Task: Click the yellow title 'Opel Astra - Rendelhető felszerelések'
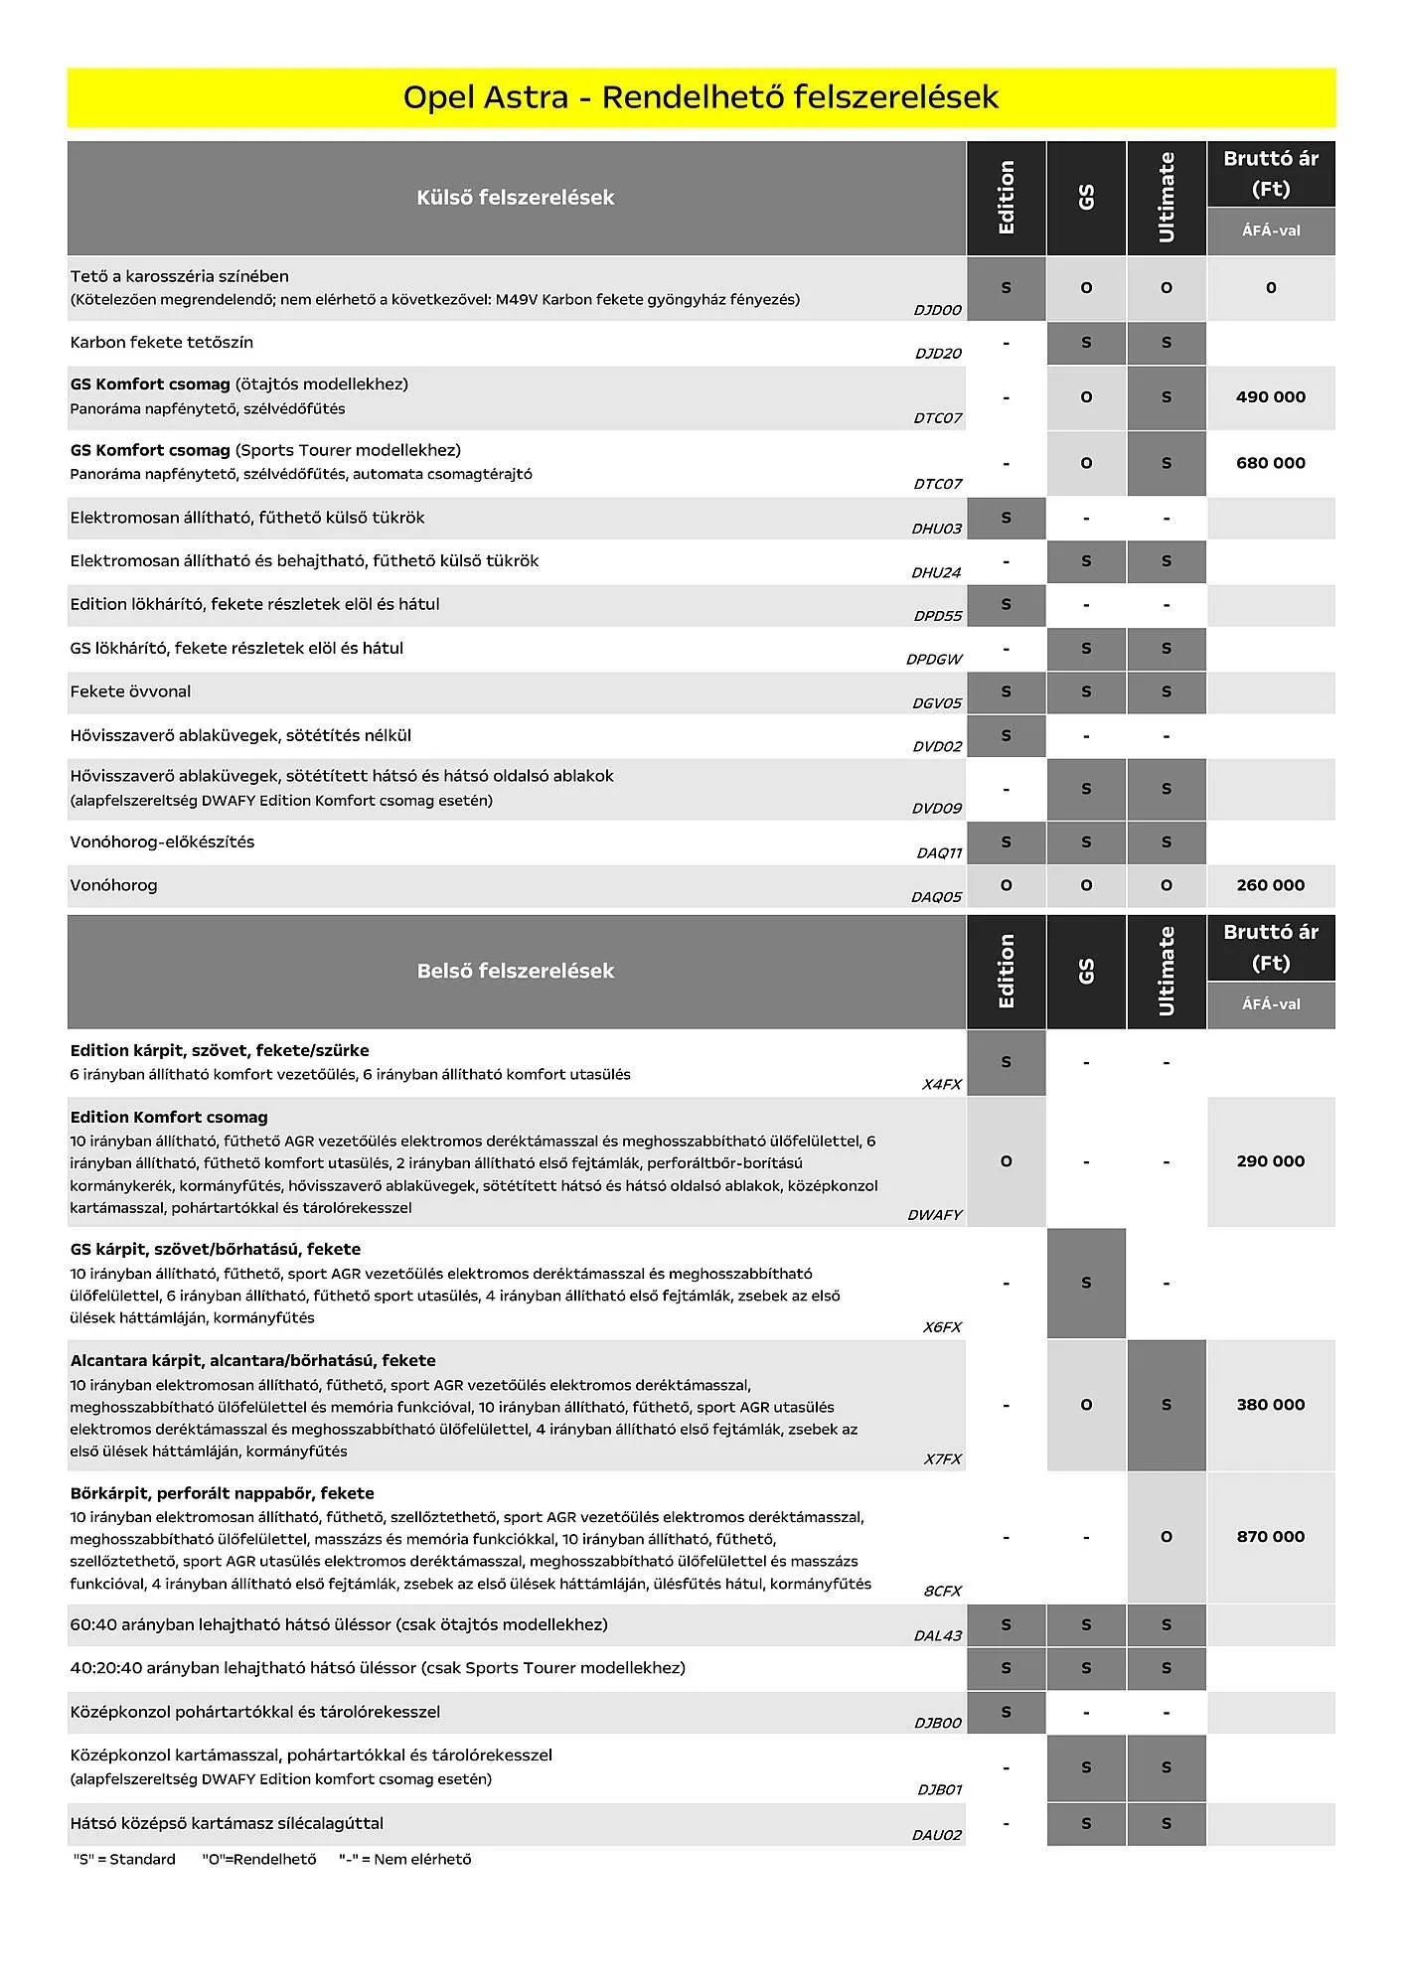click(x=701, y=97)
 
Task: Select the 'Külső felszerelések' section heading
click(x=515, y=198)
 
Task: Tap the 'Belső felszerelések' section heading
click(x=515, y=971)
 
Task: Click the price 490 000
click(x=1270, y=397)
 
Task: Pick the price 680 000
click(x=1270, y=463)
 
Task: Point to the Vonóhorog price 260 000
click(x=1270, y=885)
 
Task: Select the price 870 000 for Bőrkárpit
click(x=1270, y=1537)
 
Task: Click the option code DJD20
click(x=938, y=354)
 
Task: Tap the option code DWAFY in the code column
click(x=934, y=1215)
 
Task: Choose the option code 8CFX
click(x=942, y=1591)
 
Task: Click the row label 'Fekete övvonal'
click(x=130, y=691)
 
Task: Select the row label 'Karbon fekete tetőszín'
click(x=161, y=343)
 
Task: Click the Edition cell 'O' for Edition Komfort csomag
click(x=1006, y=1161)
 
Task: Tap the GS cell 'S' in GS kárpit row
click(x=1086, y=1284)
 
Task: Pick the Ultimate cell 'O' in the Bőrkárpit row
click(x=1166, y=1537)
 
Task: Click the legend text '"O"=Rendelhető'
click(x=258, y=1860)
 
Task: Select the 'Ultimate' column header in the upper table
click(x=1167, y=198)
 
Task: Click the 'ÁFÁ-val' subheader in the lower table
click(x=1271, y=1004)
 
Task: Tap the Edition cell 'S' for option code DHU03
click(x=1006, y=518)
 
